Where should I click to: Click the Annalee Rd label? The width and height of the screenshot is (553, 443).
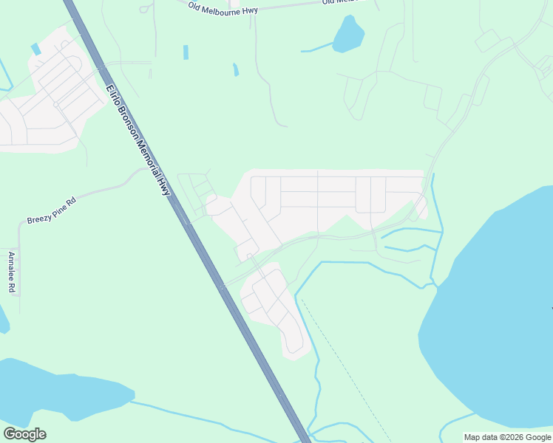(11, 272)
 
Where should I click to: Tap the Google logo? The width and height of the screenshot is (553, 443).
(24, 434)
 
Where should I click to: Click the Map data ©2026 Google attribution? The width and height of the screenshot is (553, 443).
(507, 437)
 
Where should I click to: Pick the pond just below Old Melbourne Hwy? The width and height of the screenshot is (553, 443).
(348, 34)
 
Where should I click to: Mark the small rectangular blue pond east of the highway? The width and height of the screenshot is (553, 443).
(186, 52)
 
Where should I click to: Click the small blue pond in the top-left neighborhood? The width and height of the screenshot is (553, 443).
(35, 49)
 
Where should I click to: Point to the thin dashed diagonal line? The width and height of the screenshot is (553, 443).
(347, 369)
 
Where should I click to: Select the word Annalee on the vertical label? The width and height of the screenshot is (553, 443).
(11, 267)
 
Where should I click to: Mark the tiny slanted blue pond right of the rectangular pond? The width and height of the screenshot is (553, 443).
(236, 70)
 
